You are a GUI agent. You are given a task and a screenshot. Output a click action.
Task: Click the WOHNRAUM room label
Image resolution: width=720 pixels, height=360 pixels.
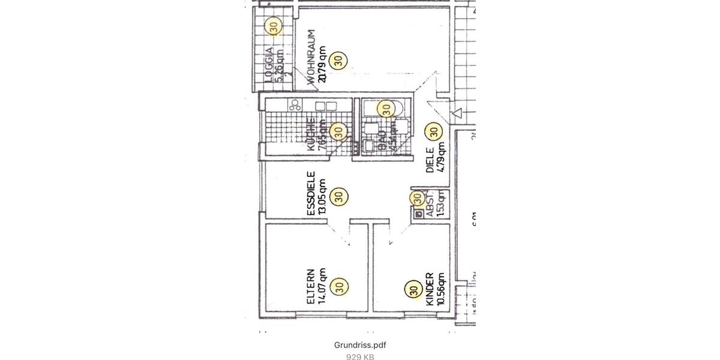pyautogui.click(x=311, y=59)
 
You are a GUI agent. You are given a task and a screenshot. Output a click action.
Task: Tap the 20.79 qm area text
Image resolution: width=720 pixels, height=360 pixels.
pyautogui.click(x=322, y=63)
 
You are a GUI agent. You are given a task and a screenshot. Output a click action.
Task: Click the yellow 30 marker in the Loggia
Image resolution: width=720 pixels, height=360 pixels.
pyautogui.click(x=274, y=27)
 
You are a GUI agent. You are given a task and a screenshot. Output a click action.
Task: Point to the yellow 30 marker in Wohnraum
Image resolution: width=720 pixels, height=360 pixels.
pyautogui.click(x=338, y=61)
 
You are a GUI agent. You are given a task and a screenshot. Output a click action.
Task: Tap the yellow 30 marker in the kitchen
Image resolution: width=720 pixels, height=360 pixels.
pyautogui.click(x=338, y=131)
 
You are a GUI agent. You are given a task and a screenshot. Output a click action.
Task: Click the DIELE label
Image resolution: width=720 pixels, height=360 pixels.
pyautogui.click(x=430, y=161)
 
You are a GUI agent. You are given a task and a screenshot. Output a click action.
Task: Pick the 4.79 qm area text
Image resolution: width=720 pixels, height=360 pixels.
pyautogui.click(x=442, y=157)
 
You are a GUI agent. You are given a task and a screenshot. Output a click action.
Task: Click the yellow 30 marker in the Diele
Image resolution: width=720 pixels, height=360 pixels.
pyautogui.click(x=433, y=130)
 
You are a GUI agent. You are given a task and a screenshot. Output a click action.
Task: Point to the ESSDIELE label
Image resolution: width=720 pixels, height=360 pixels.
pyautogui.click(x=311, y=194)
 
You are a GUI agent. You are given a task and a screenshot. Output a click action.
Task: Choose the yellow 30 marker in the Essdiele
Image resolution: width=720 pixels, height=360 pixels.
pyautogui.click(x=338, y=196)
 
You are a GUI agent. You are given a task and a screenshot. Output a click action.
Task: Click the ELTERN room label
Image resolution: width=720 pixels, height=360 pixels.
pyautogui.click(x=311, y=286)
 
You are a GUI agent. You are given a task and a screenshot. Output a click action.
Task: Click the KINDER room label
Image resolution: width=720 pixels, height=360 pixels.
pyautogui.click(x=430, y=289)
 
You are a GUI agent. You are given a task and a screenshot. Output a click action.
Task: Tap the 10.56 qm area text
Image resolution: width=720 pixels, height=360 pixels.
pyautogui.click(x=441, y=289)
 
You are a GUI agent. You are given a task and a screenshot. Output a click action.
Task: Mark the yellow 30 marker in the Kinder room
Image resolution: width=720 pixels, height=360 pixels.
pyautogui.click(x=413, y=290)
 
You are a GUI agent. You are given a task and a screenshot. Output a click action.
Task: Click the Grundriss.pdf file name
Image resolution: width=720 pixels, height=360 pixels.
pyautogui.click(x=360, y=345)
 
